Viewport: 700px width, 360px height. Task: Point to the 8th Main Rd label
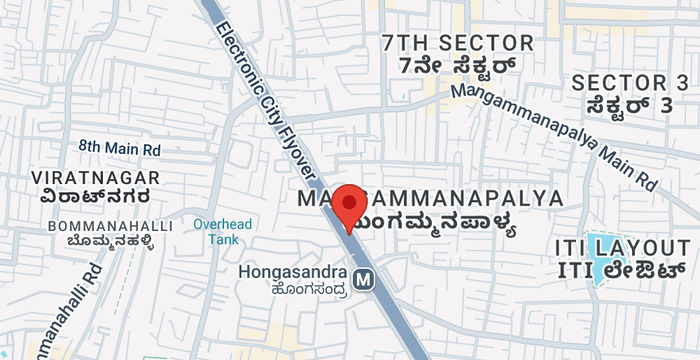pos(120,148)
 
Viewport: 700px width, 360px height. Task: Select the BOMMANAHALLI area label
pos(110,227)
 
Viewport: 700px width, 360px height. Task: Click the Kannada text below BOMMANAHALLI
pos(105,243)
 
